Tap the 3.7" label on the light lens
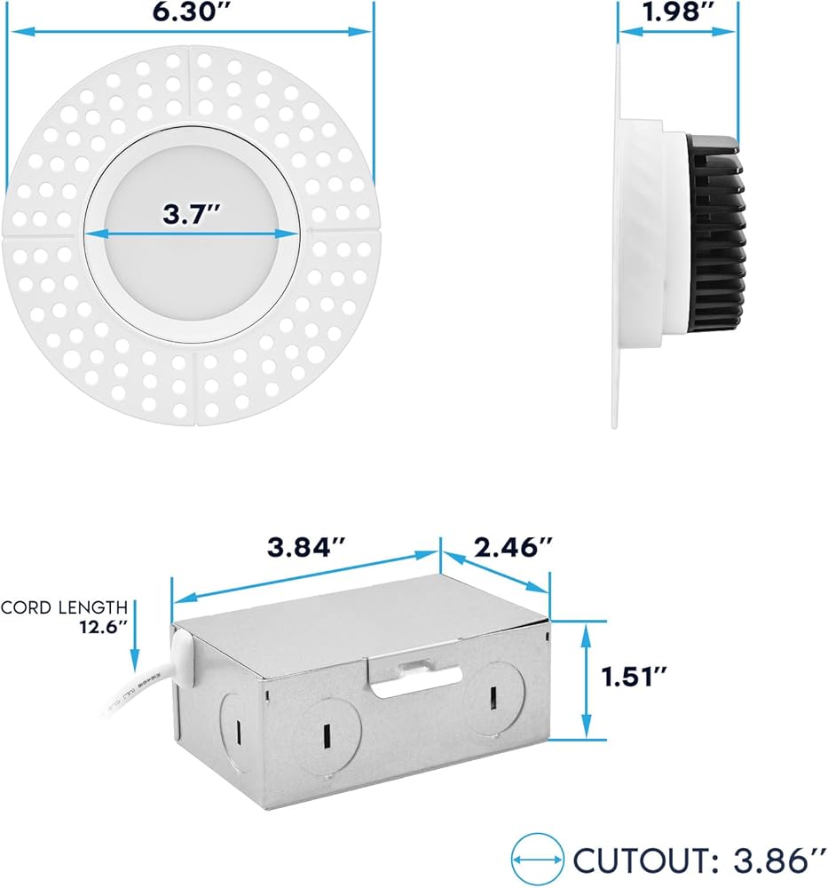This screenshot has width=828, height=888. pyautogui.click(x=191, y=214)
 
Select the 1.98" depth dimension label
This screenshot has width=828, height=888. pyautogui.click(x=678, y=12)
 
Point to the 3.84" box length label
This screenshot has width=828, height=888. pyautogui.click(x=305, y=547)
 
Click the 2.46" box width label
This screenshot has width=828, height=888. pyautogui.click(x=513, y=547)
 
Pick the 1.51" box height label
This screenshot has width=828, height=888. pyautogui.click(x=634, y=676)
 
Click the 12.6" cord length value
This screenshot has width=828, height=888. pyautogui.click(x=103, y=627)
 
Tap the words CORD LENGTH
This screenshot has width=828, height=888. pyautogui.click(x=64, y=607)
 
